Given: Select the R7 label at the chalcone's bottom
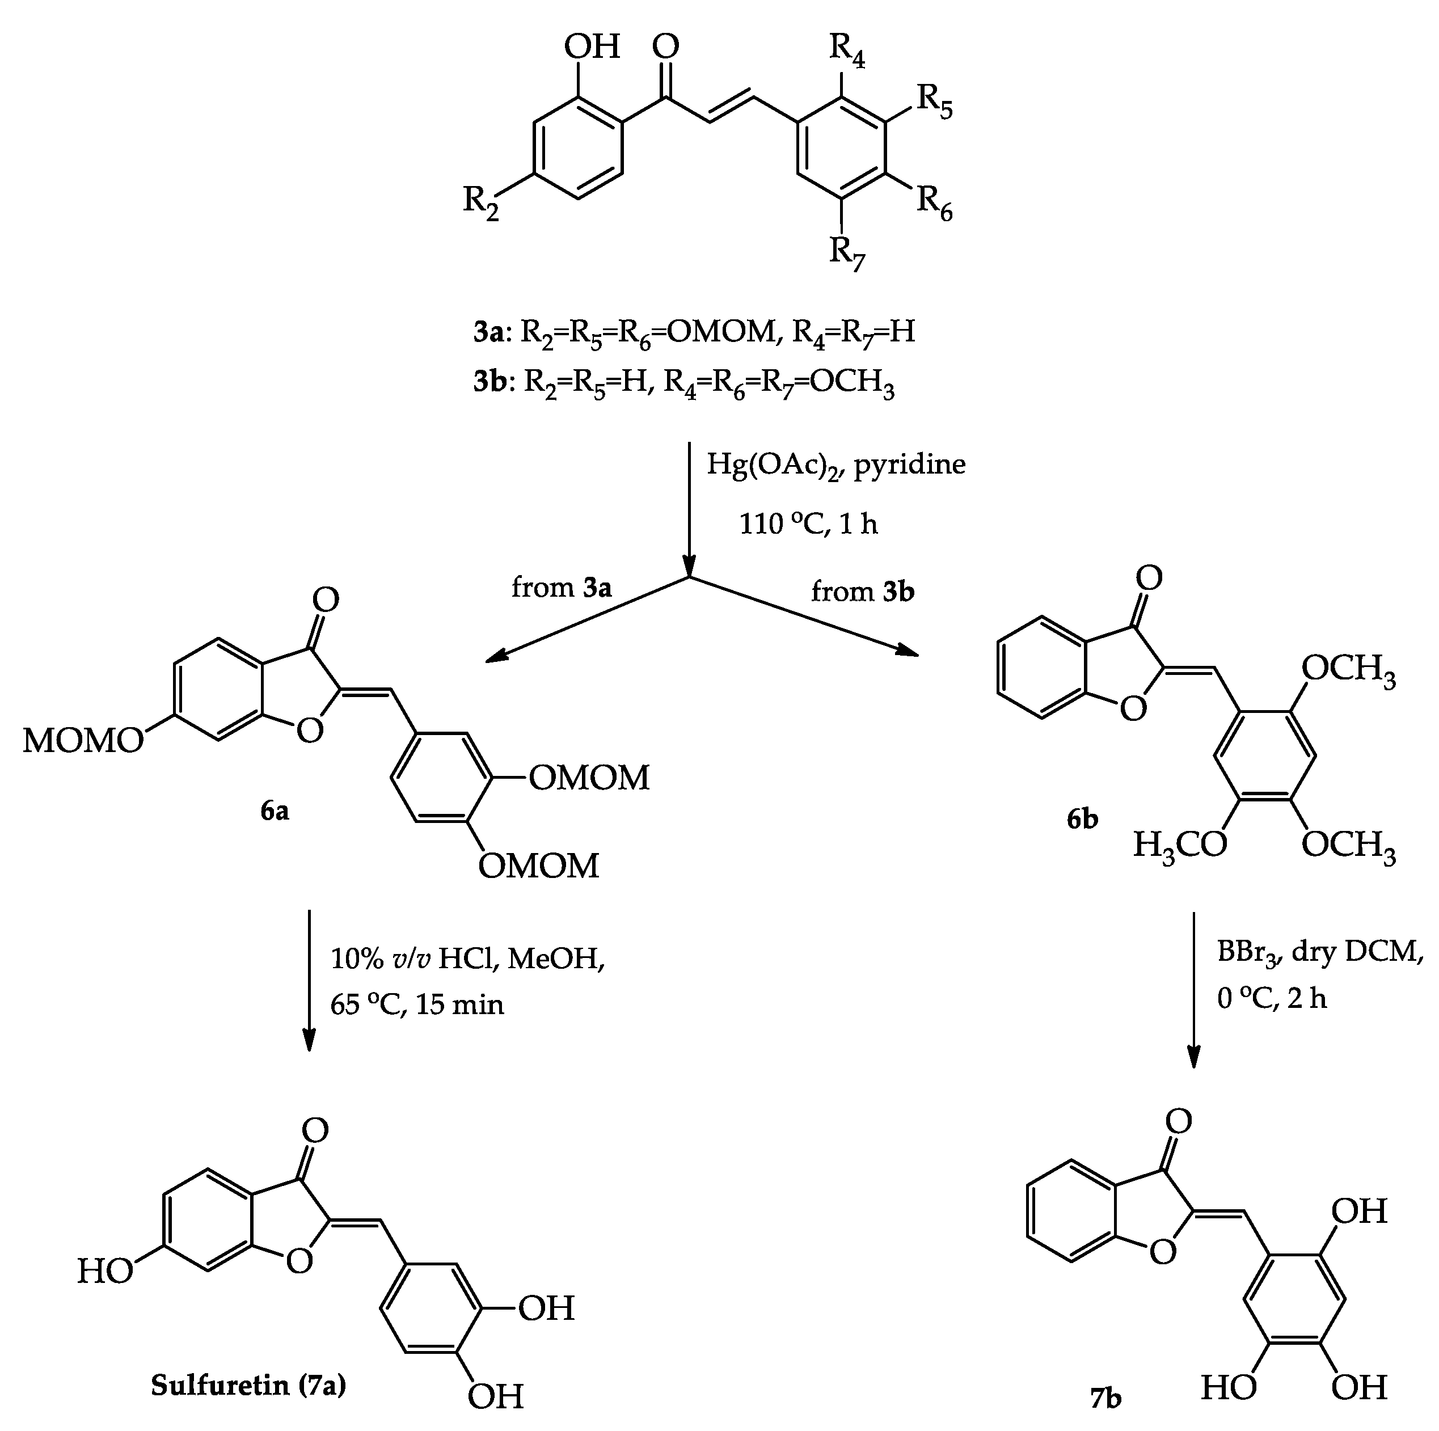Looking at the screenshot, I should click(x=847, y=255).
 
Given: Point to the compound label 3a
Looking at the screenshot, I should click(x=489, y=332).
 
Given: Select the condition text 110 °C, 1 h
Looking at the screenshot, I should click(x=808, y=525).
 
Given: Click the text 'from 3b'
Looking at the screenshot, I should click(x=863, y=592).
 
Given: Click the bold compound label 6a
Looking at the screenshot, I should click(x=275, y=811).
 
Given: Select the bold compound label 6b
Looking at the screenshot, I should click(x=1082, y=820).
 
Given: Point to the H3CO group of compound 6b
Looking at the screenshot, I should click(x=1180, y=846).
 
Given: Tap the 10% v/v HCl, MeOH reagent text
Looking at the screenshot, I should click(x=467, y=960).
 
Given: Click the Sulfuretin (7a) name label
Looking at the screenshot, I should click(x=248, y=1386).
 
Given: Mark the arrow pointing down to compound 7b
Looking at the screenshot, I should click(x=1194, y=991).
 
